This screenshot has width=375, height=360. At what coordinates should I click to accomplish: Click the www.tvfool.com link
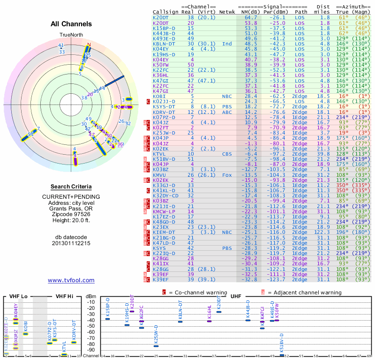pyautogui.click(x=71, y=280)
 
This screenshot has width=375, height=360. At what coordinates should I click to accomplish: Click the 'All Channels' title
pyautogui.click(x=71, y=24)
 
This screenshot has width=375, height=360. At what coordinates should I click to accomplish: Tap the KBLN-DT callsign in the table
pyautogui.click(x=164, y=44)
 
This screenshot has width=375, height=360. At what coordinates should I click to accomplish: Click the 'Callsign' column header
pyautogui.click(x=166, y=12)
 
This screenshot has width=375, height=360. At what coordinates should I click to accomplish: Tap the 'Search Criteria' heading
pyautogui.click(x=71, y=187)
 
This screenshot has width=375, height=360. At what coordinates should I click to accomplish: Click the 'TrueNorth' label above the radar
pyautogui.click(x=71, y=35)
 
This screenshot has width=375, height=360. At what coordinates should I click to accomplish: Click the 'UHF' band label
pyautogui.click(x=236, y=296)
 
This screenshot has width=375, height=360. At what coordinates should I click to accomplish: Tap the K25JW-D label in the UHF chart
pyautogui.click(x=156, y=336)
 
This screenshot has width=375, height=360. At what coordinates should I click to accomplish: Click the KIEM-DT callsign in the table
pyautogui.click(x=164, y=232)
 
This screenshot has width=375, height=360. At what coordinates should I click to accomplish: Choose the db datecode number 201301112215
pyautogui.click(x=71, y=243)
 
